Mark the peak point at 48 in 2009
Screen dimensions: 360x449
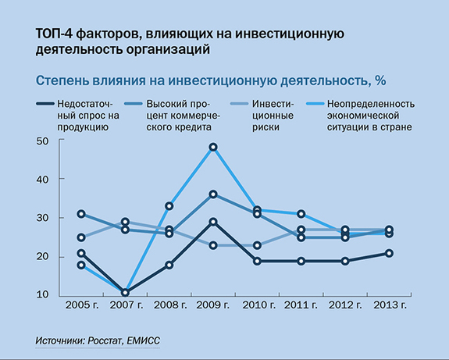[213, 147]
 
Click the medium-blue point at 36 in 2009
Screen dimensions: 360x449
[213, 194]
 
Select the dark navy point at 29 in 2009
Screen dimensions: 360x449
[213, 222]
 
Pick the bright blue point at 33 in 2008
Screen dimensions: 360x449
[169, 206]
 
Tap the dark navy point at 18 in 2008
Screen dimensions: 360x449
[169, 265]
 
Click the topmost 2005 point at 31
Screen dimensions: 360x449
[81, 214]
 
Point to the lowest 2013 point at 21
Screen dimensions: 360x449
[390, 253]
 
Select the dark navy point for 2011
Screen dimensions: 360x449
[301, 261]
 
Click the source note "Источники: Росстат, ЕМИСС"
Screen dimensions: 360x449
[101, 341]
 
